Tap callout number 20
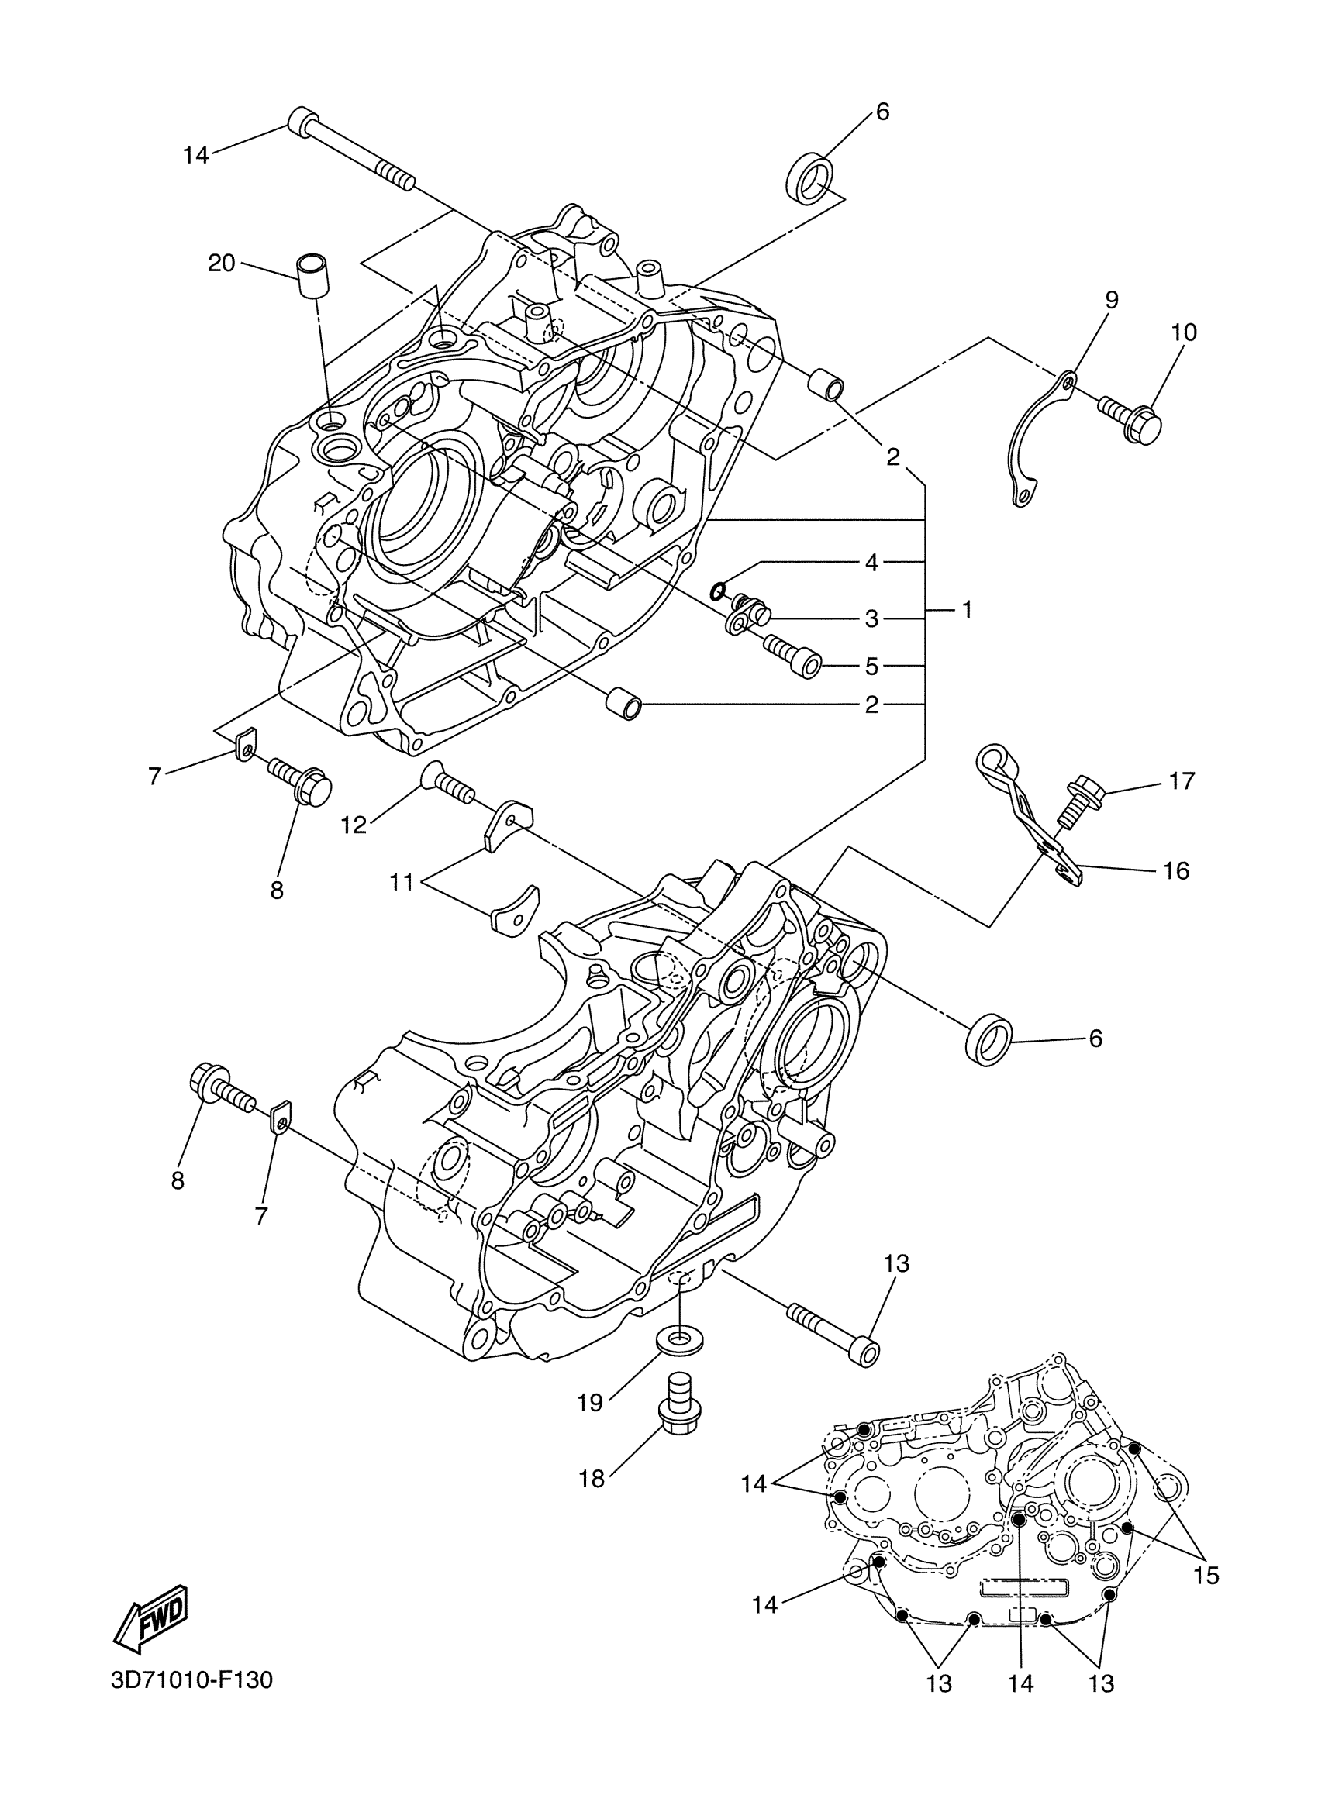coord(222,262)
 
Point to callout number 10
coord(1184,332)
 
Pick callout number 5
coord(872,666)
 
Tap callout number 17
coord(1182,780)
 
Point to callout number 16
coord(1176,870)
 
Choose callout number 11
coord(401,882)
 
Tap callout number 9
coord(1111,300)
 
